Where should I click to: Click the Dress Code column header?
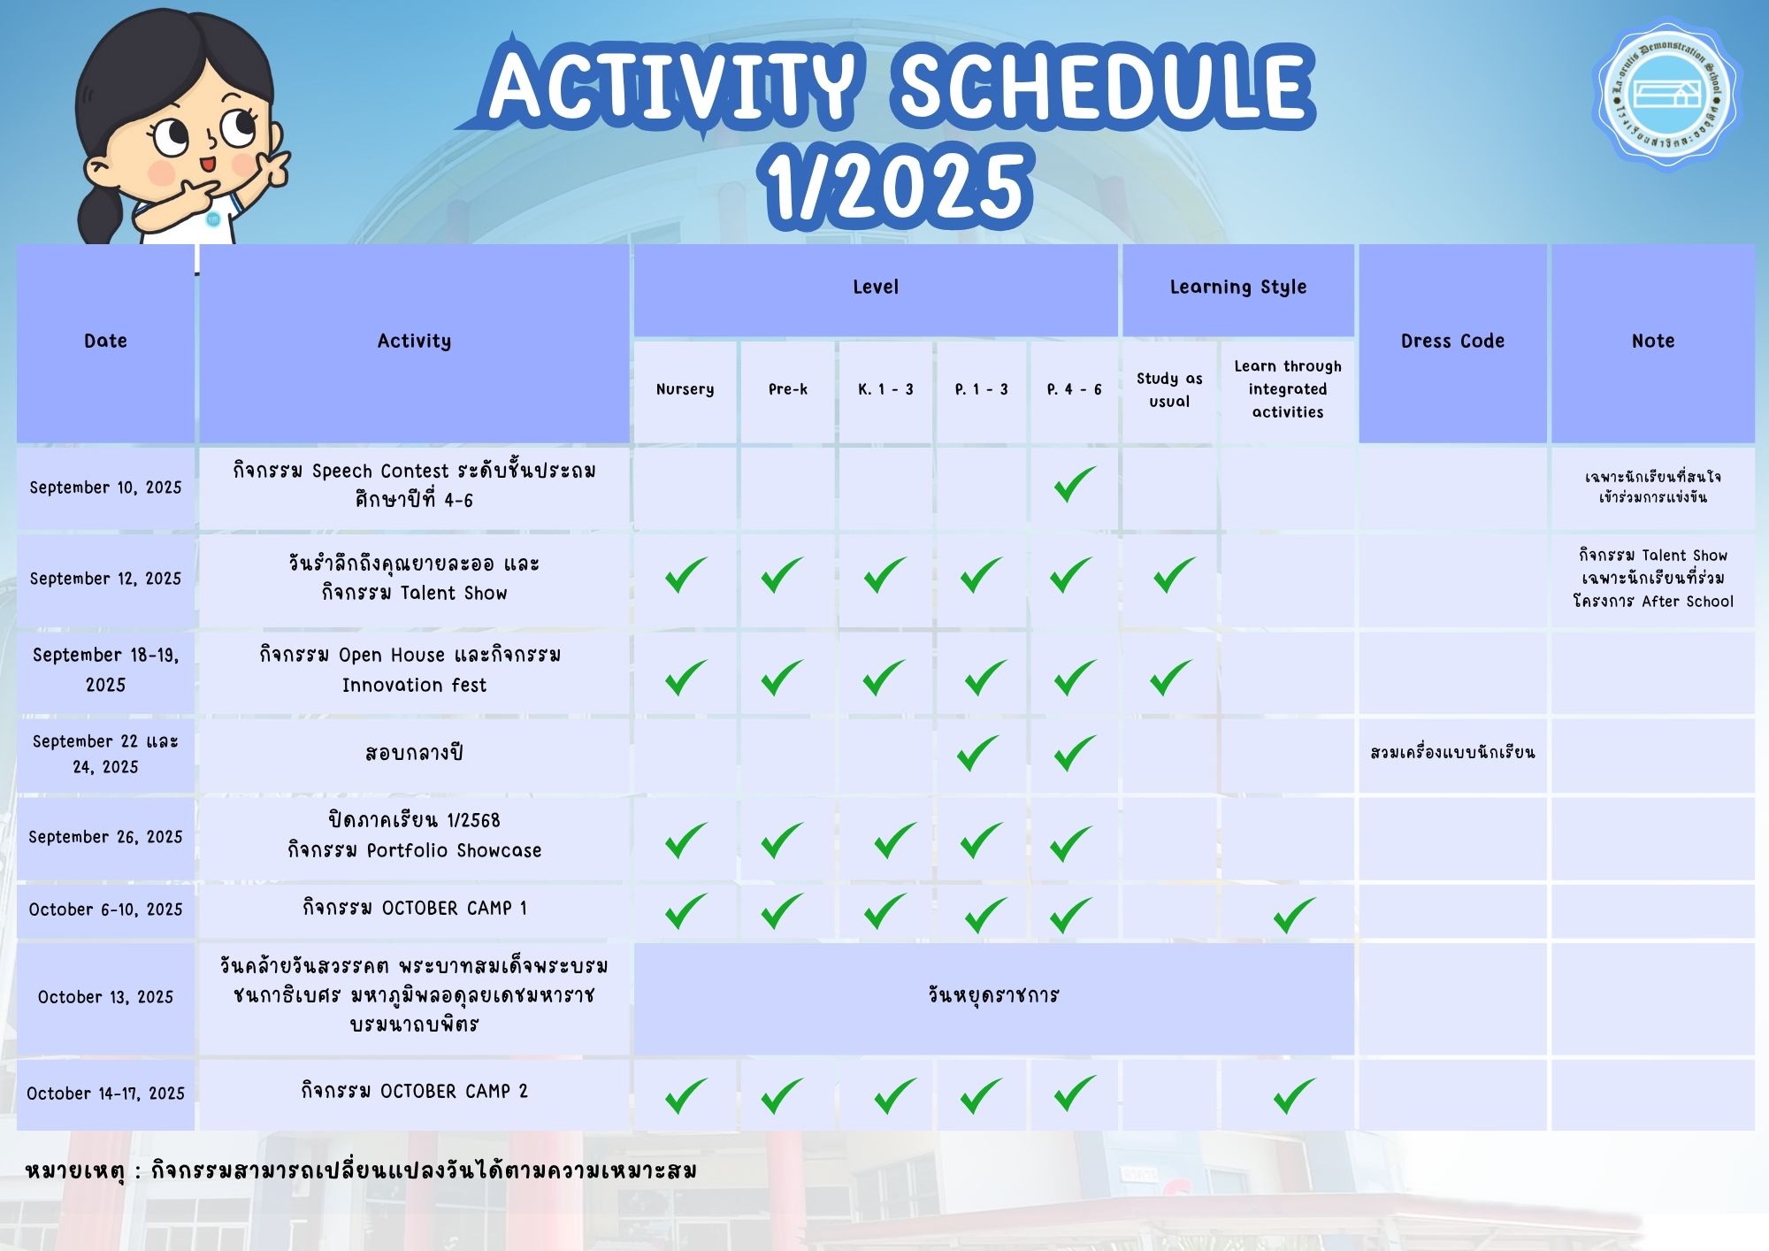[1452, 343]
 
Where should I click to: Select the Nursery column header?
[685, 390]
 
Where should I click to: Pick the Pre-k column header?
[787, 390]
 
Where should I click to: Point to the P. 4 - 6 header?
[1074, 390]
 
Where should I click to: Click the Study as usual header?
[1169, 390]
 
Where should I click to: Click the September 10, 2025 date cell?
[105, 488]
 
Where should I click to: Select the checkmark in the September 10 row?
[1074, 485]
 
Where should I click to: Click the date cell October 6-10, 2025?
[105, 910]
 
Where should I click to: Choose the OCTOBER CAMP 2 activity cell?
[414, 1094]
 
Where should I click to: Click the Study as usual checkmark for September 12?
[1174, 575]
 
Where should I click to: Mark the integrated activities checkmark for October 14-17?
[1294, 1095]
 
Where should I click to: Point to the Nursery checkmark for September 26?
[685, 840]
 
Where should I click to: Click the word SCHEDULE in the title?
[1106, 86]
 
